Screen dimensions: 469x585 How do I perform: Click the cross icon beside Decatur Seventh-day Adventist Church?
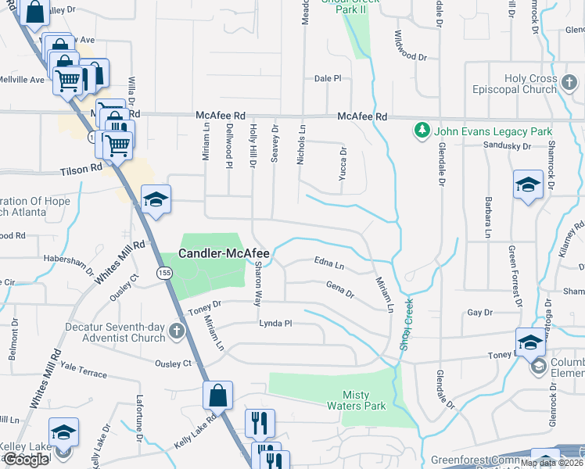[178, 333]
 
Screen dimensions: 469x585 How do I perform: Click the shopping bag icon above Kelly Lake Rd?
[218, 396]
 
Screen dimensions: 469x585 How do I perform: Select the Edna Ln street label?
[328, 262]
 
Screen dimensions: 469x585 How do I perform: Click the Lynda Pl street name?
[275, 323]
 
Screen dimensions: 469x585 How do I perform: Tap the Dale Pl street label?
[328, 79]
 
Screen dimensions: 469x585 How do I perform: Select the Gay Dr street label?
[479, 312]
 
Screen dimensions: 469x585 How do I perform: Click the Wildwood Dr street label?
[411, 46]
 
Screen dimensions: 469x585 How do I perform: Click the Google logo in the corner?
[26, 460]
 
